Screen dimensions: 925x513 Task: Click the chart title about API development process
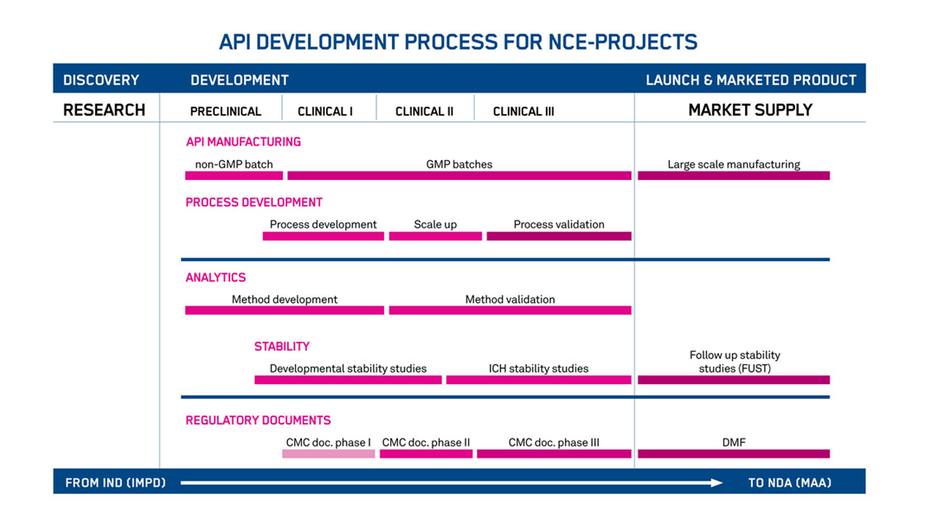tap(459, 42)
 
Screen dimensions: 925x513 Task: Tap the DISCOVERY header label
tap(101, 80)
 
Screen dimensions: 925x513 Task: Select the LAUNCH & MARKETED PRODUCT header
tap(751, 80)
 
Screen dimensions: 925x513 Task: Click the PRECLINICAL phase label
tap(225, 112)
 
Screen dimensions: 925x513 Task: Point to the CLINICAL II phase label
tap(424, 112)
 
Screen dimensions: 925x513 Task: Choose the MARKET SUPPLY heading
tap(750, 110)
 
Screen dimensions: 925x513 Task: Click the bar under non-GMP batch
tap(234, 176)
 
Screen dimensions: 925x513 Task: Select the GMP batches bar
tap(459, 176)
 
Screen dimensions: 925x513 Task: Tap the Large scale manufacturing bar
tap(734, 176)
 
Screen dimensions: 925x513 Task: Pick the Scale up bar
tap(435, 236)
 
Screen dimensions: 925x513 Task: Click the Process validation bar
tap(559, 236)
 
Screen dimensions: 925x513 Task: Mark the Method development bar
tap(285, 311)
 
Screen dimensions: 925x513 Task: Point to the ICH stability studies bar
tap(538, 381)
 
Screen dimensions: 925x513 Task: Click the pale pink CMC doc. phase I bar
tap(329, 454)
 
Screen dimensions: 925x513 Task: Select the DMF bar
tap(734, 454)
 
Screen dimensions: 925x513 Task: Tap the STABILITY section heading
tap(282, 347)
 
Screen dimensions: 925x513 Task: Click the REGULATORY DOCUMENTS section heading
tap(258, 420)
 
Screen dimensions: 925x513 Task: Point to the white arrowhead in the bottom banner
tap(716, 483)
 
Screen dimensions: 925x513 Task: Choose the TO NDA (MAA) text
tap(790, 483)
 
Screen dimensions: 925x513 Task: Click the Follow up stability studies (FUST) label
tap(735, 362)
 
